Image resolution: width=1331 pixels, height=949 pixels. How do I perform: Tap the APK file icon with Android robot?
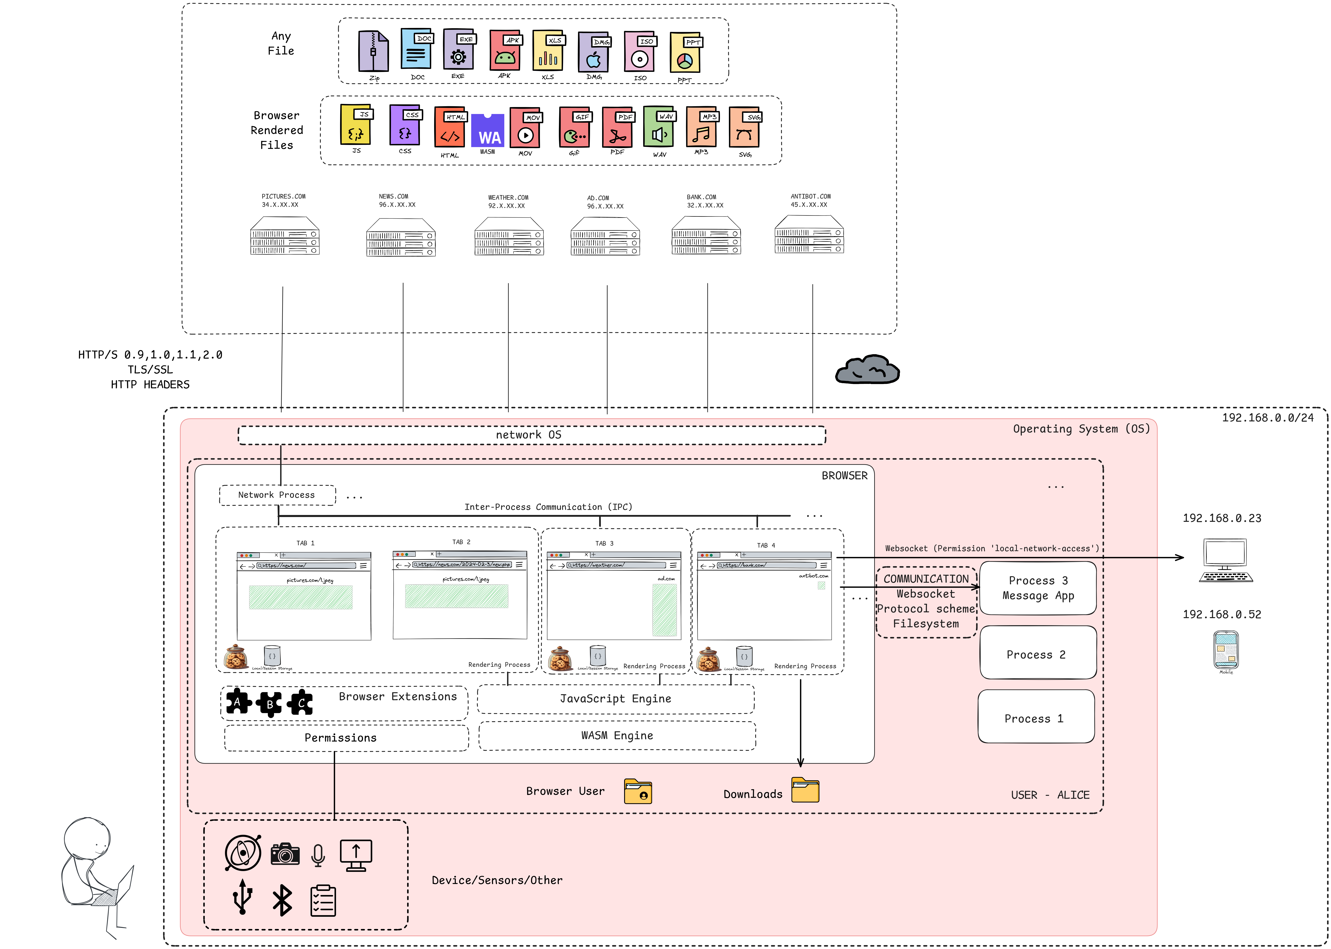[x=504, y=51]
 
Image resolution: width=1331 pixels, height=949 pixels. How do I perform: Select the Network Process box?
[x=277, y=495]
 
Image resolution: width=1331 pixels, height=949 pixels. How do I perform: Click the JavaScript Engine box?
[x=616, y=699]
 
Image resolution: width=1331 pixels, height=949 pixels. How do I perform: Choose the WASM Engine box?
[x=617, y=736]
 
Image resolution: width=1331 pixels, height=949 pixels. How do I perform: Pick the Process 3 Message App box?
[x=1038, y=588]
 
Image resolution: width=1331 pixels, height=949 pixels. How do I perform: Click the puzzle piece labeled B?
[x=269, y=704]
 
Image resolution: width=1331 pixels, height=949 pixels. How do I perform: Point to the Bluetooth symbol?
[x=282, y=900]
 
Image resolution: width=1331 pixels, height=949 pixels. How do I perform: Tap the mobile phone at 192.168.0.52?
[x=1226, y=649]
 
